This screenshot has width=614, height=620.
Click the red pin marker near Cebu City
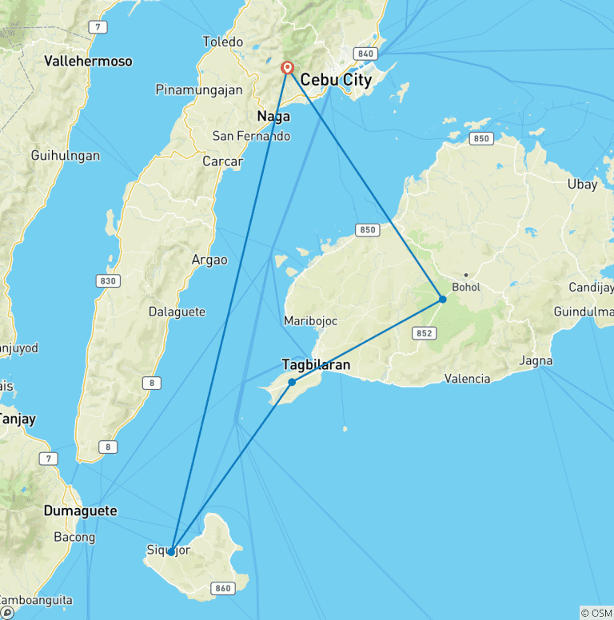pyautogui.click(x=288, y=69)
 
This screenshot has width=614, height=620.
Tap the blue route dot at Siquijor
pyautogui.click(x=171, y=552)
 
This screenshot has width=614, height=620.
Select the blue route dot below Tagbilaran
pyautogui.click(x=292, y=382)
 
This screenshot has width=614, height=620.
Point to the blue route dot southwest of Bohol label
pyautogui.click(x=442, y=300)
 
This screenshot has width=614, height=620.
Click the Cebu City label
pyautogui.click(x=336, y=80)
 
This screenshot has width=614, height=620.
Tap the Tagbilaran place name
pyautogui.click(x=316, y=365)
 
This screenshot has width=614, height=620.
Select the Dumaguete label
pyautogui.click(x=80, y=511)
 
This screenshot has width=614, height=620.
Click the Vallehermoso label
pyautogui.click(x=88, y=61)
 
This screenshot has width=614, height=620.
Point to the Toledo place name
pyautogui.click(x=222, y=42)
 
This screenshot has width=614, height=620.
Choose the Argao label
pyautogui.click(x=209, y=260)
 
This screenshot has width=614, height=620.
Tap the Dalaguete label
pyautogui.click(x=177, y=312)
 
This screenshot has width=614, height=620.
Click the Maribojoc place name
pyautogui.click(x=310, y=320)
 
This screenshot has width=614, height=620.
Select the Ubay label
pyautogui.click(x=582, y=184)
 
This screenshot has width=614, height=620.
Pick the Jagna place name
pyautogui.click(x=536, y=361)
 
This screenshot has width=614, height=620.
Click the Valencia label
pyautogui.click(x=467, y=379)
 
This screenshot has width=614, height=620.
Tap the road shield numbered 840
pyautogui.click(x=366, y=54)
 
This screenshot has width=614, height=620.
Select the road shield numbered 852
pyautogui.click(x=424, y=332)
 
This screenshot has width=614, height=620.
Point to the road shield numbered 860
pyautogui.click(x=223, y=589)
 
